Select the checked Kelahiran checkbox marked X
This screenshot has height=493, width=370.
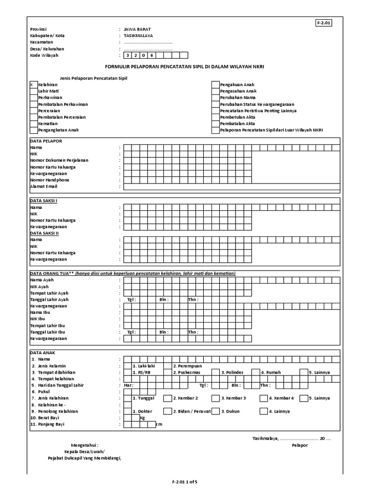(x=32, y=84)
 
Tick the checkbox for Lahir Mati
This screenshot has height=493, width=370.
(x=32, y=91)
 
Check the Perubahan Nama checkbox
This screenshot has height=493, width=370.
(x=215, y=98)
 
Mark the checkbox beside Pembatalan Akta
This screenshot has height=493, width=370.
(x=215, y=124)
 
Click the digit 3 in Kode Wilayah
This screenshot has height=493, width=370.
(x=128, y=55)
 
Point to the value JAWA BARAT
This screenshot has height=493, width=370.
(x=138, y=29)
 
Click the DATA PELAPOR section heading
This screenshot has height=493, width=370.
(x=46, y=141)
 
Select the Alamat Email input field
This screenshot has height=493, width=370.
(x=231, y=186)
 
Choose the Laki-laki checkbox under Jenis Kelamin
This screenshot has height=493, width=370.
(x=127, y=366)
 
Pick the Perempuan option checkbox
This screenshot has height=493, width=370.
(x=168, y=366)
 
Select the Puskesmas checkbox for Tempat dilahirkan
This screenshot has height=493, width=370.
(x=168, y=372)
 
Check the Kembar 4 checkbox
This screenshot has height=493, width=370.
(x=264, y=398)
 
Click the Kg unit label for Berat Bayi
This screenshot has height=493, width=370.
(x=143, y=418)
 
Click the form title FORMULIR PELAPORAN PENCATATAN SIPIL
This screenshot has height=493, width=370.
(x=185, y=66)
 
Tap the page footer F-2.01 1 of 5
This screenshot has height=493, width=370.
(x=185, y=481)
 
